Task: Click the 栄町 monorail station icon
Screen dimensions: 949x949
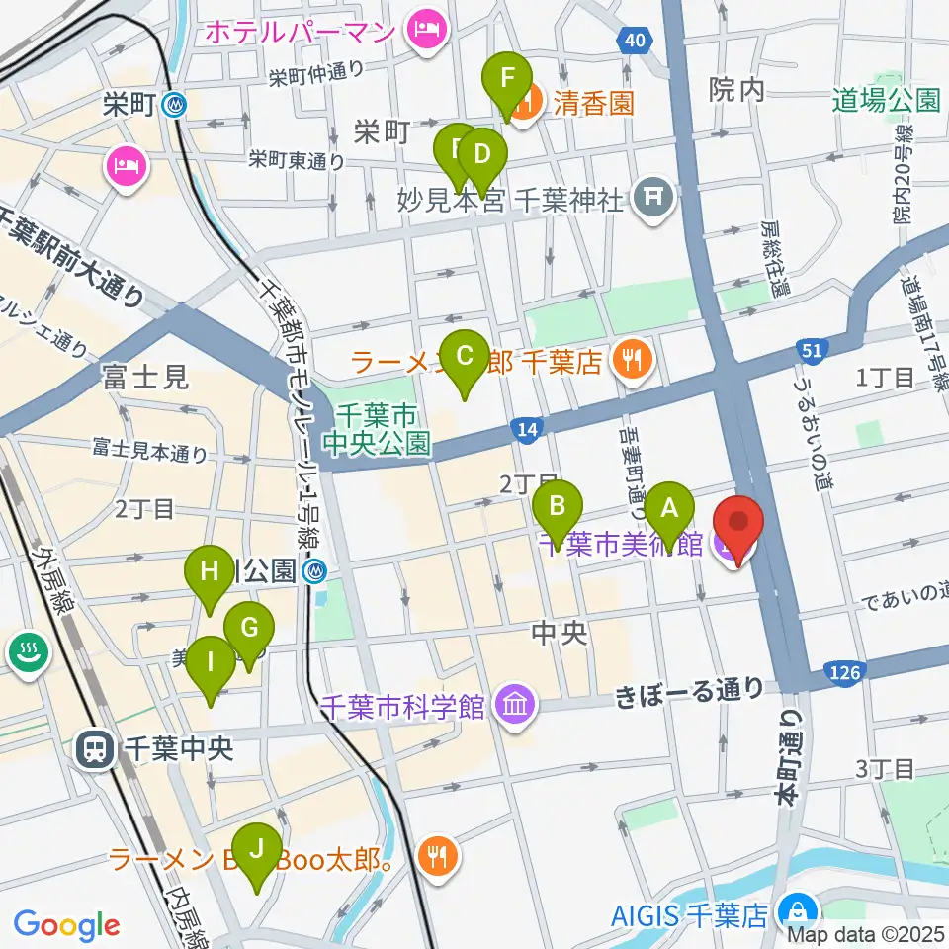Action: [x=175, y=104]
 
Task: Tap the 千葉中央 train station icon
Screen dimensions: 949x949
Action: [x=95, y=749]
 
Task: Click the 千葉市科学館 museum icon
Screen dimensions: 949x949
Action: [x=516, y=705]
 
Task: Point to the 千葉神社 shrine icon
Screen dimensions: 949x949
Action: [x=654, y=198]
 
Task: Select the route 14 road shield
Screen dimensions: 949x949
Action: [x=526, y=428]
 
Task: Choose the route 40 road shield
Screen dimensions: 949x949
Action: [x=634, y=39]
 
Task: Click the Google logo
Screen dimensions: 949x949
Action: [x=66, y=925]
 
